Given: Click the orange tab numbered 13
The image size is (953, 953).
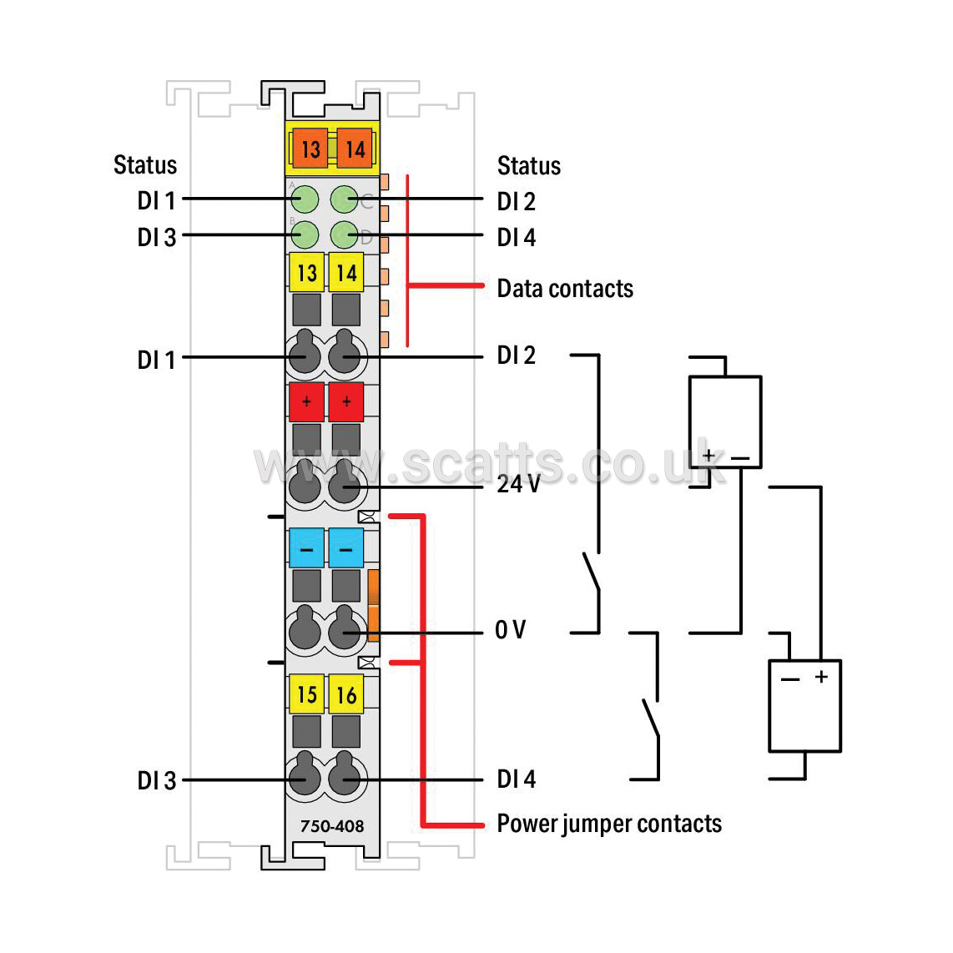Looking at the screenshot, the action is coord(310,149).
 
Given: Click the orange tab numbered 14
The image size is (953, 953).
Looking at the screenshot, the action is coord(355,149).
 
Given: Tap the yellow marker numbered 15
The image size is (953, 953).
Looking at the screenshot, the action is coord(307,694).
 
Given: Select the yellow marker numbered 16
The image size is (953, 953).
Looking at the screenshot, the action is coord(346,694).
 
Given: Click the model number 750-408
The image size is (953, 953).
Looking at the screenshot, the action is coord(332,826).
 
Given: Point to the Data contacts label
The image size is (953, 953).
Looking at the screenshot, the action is coord(565,289).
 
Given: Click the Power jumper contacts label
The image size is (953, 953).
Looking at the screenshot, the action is coord(610,824).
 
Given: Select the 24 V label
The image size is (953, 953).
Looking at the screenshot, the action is coord(518,484).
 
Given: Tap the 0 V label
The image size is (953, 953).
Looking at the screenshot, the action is coord(511,630).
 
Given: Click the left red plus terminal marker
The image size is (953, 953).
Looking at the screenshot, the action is coord(306,401).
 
